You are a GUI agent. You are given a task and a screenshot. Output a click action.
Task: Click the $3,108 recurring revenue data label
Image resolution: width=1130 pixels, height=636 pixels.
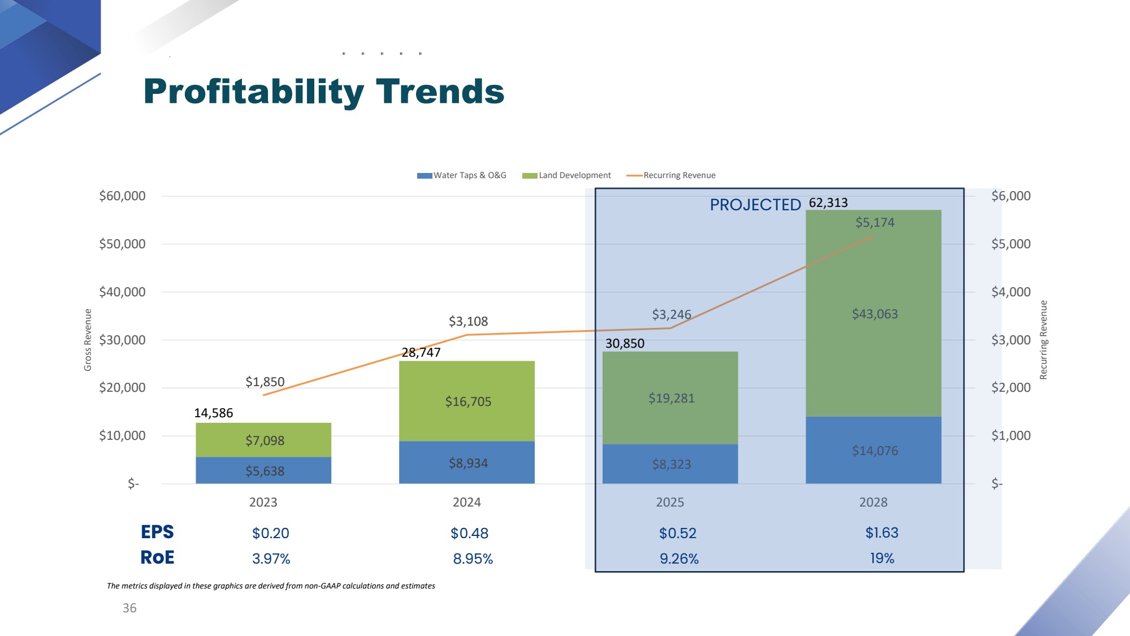coord(468,321)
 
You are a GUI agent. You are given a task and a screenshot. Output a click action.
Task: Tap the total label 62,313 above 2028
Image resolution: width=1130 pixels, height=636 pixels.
coord(828,202)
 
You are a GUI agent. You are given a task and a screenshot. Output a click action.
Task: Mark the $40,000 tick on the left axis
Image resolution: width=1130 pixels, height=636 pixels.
coord(122,292)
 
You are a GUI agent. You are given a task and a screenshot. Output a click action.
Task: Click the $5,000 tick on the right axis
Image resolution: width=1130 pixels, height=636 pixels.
coord(1011,244)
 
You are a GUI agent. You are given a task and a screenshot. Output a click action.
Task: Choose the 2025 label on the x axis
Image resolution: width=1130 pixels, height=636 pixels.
coord(670,502)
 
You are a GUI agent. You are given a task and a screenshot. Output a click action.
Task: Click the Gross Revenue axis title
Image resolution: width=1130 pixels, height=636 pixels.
coord(88,340)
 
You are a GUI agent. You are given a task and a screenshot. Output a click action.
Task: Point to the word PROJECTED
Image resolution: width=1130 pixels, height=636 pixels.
coord(755,205)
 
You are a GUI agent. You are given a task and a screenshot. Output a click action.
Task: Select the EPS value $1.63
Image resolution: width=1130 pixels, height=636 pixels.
coord(882,533)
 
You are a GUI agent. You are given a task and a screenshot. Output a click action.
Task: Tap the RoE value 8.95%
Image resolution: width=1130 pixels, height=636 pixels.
coord(473,559)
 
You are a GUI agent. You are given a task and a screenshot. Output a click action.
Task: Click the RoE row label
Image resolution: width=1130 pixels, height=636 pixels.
coord(157,557)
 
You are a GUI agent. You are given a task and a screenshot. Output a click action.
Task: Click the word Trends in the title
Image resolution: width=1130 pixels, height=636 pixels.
coord(440,92)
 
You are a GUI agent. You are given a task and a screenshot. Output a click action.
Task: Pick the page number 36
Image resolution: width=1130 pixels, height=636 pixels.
coord(129,608)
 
